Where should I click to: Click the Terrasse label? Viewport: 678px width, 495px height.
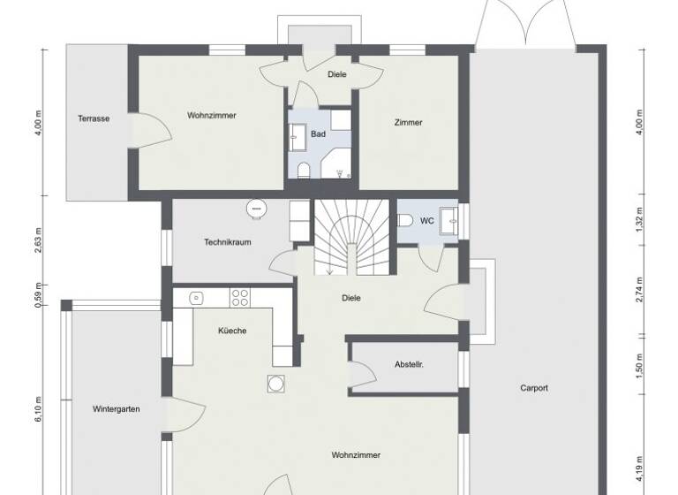coord(94,118)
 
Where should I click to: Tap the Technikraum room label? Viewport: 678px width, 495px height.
coord(229,241)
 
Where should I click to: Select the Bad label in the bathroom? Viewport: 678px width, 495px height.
coord(318,134)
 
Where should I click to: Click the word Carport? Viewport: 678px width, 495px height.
coord(534,387)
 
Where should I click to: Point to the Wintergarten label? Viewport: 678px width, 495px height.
coord(117,409)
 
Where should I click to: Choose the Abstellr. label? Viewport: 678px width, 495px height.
coord(410,364)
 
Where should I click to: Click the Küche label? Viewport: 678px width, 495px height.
coord(232,331)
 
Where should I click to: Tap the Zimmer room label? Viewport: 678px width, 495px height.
coord(408,123)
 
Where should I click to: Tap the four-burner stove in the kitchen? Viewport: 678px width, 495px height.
coord(239,298)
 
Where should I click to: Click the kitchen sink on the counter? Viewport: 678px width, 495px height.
coord(196,298)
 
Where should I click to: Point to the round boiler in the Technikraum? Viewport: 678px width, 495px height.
coord(257,208)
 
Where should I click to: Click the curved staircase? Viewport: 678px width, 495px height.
coord(352,234)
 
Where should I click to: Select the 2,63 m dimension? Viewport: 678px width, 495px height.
coord(38,241)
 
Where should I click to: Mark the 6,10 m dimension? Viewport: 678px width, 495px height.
coord(38,409)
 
